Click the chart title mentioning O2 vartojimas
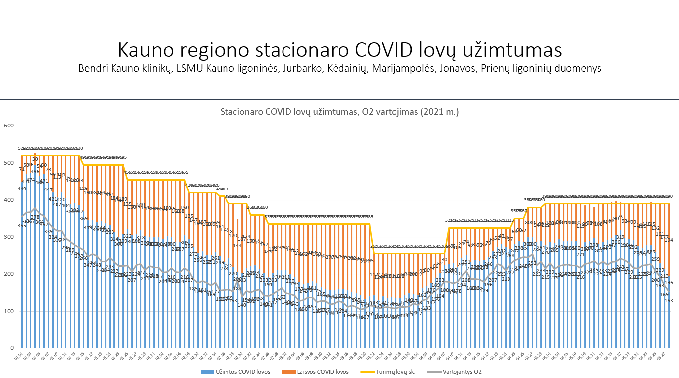pyautogui.click(x=339, y=112)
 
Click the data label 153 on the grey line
pyautogui.click(x=669, y=301)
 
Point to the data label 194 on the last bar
pyautogui.click(x=669, y=240)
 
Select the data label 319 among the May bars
pyautogui.click(x=620, y=237)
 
